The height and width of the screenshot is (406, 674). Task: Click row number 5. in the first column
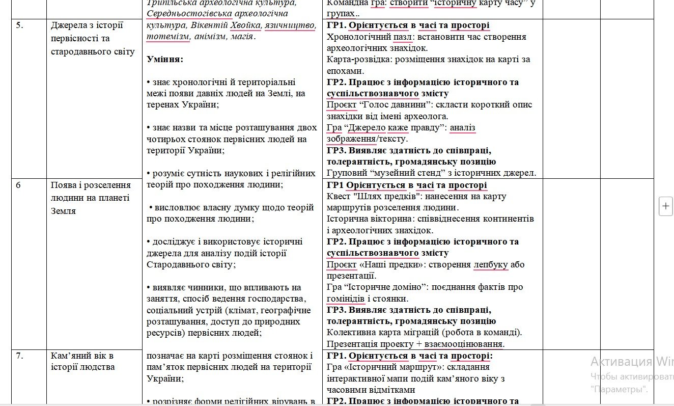point(19,26)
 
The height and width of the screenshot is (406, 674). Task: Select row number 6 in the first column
point(18,185)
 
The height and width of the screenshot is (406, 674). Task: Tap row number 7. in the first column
point(19,356)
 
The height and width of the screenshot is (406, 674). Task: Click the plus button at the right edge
point(666,206)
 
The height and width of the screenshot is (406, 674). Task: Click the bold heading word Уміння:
point(165,59)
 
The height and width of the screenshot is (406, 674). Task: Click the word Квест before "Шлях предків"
point(338,197)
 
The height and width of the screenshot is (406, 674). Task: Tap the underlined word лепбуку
point(491,265)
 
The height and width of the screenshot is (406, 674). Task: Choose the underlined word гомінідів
point(346,299)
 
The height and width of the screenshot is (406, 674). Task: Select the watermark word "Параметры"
point(619,390)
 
